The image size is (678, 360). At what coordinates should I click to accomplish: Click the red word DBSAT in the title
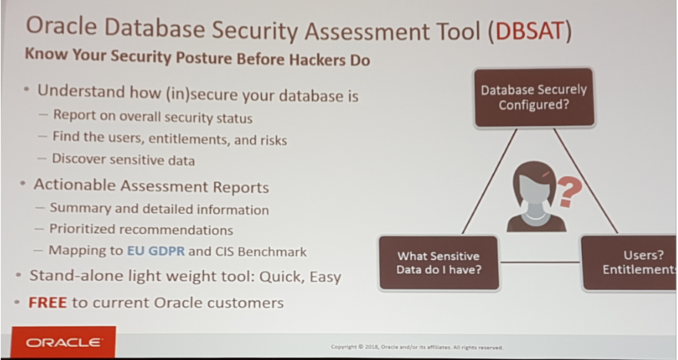click(x=529, y=31)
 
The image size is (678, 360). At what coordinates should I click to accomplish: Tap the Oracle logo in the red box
click(x=64, y=343)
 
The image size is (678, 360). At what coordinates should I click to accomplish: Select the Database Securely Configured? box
click(x=534, y=97)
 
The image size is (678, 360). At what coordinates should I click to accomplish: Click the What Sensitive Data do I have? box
click(x=439, y=263)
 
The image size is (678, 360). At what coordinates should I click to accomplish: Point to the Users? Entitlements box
click(x=630, y=263)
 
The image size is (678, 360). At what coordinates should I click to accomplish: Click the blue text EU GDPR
click(x=155, y=251)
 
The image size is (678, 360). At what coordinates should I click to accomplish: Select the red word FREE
click(x=48, y=302)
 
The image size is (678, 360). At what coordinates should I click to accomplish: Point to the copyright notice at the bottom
click(x=417, y=347)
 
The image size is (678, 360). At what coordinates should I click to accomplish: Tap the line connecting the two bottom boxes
click(x=540, y=262)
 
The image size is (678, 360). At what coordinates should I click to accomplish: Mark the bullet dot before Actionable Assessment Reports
click(x=22, y=184)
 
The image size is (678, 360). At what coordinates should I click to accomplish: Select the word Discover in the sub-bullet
click(x=78, y=158)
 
